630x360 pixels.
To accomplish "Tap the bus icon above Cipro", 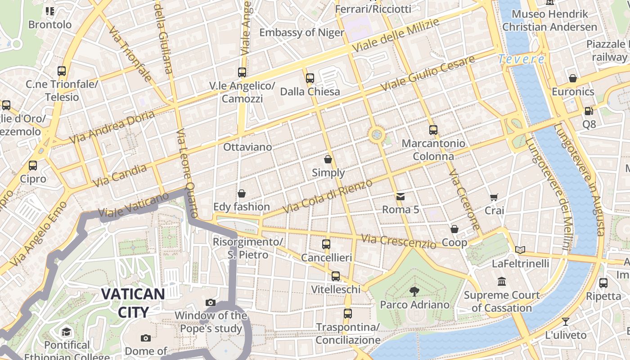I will pyautogui.click(x=32, y=166).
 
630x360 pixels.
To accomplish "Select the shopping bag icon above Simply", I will pyautogui.click(x=328, y=159).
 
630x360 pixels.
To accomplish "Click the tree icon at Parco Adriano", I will pyautogui.click(x=414, y=292).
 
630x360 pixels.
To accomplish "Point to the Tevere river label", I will pyautogui.click(x=521, y=59).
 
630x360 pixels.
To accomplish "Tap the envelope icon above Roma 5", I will pyautogui.click(x=400, y=197).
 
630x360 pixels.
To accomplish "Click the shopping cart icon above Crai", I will pyautogui.click(x=494, y=197).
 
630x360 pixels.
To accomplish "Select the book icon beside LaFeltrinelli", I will pyautogui.click(x=520, y=250).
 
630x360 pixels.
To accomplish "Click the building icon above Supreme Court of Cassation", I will pyautogui.click(x=502, y=282).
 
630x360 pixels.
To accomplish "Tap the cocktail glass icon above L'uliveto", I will pyautogui.click(x=566, y=322).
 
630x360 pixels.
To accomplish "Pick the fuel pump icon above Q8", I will pyautogui.click(x=589, y=111).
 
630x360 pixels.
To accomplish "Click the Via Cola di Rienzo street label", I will pyautogui.click(x=328, y=196).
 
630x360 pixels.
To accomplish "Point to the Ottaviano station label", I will pyautogui.click(x=247, y=147).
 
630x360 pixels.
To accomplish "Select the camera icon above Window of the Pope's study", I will pyautogui.click(x=210, y=302).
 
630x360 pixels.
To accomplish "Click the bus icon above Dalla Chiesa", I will pyautogui.click(x=310, y=78).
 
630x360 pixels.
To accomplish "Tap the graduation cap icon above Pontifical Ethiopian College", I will pyautogui.click(x=67, y=332).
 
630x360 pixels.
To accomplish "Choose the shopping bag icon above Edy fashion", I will pyautogui.click(x=242, y=193).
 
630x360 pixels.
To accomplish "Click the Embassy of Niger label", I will pyautogui.click(x=301, y=32).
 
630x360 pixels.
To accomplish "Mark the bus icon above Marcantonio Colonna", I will pyautogui.click(x=433, y=130).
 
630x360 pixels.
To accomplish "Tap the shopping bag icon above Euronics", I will pyautogui.click(x=573, y=78).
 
